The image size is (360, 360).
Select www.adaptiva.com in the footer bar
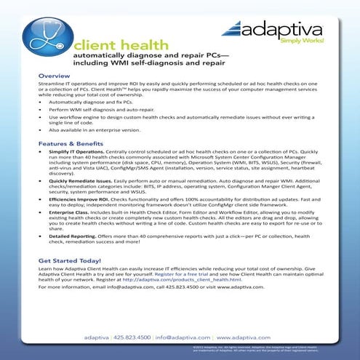244,337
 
